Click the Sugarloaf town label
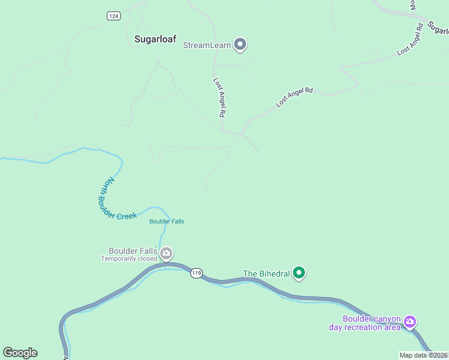(154, 39)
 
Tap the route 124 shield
(113, 16)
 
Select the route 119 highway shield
(196, 273)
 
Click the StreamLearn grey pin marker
(240, 44)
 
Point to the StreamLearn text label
(207, 44)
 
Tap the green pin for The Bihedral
(299, 273)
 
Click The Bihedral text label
(267, 274)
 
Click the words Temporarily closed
(128, 259)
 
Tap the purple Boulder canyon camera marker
(410, 322)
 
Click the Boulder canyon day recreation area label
(365, 323)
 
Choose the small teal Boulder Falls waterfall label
(167, 221)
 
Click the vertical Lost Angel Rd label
(219, 97)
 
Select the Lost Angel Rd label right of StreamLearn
(295, 97)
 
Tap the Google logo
(20, 353)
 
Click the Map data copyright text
(423, 355)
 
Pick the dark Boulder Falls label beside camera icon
(133, 251)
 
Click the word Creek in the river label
(127, 215)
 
